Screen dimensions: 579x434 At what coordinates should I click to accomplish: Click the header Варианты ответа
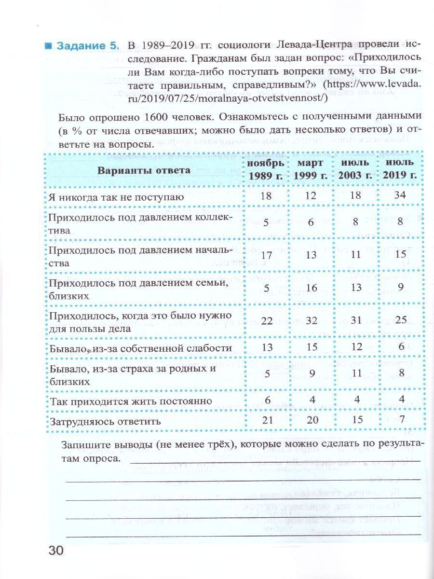(x=144, y=170)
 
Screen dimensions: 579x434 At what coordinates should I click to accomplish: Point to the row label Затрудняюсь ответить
(x=105, y=421)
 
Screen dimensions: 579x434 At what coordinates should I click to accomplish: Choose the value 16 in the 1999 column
(x=311, y=288)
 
